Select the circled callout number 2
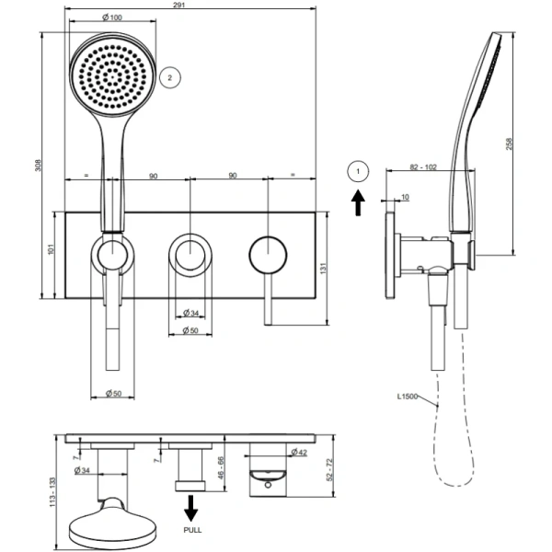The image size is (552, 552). [168, 78]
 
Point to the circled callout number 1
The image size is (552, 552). [359, 169]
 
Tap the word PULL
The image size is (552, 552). [193, 531]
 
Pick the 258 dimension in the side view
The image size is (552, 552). [510, 144]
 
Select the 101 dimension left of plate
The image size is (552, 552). [52, 249]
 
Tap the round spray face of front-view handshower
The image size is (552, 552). [113, 73]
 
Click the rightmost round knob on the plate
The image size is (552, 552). [266, 252]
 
